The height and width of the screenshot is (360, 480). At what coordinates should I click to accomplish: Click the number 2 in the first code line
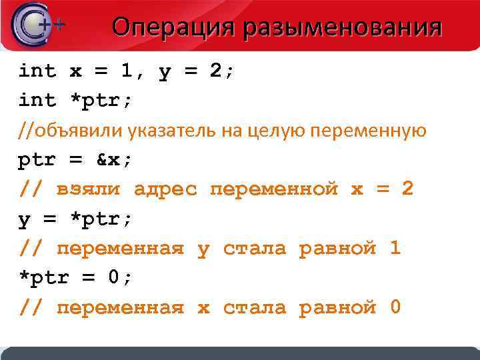tap(215, 71)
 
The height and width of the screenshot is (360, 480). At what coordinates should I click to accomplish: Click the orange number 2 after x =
tap(407, 189)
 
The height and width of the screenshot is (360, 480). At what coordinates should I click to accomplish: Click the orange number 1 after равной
tap(395, 249)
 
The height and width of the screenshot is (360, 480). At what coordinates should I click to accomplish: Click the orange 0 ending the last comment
tap(395, 308)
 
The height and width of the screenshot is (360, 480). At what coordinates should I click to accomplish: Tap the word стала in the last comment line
tap(254, 308)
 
